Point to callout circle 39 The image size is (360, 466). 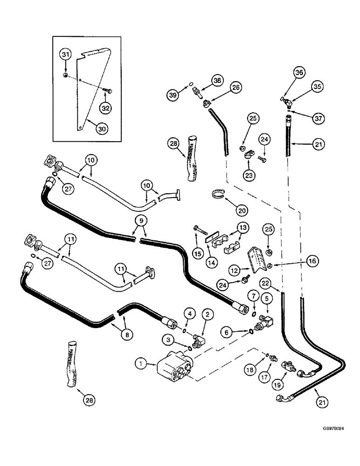pos(174,95)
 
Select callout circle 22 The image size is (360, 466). pos(278,283)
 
